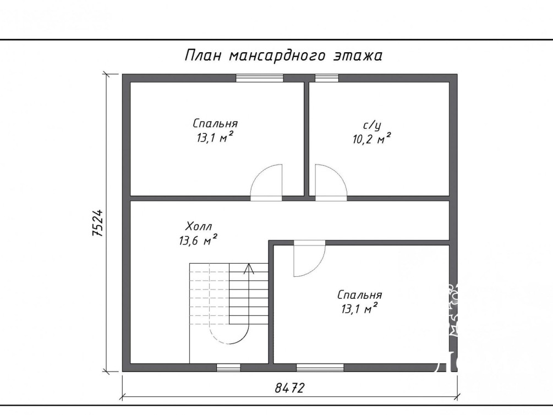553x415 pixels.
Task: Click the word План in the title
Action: (203, 56)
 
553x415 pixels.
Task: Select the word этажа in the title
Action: (358, 56)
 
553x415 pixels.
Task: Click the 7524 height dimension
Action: (97, 223)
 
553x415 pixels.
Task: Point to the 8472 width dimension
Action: (289, 388)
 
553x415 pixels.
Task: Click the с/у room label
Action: (372, 125)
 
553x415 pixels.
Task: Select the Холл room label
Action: (199, 226)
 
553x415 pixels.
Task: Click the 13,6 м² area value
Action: (198, 241)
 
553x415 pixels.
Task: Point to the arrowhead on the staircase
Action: (249, 268)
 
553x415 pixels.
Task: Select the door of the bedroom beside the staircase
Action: (309, 259)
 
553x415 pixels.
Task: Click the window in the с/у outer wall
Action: (327, 78)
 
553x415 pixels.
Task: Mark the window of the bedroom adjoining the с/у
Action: (260, 78)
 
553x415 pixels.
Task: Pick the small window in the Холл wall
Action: (228, 367)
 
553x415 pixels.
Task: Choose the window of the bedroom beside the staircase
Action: (320, 367)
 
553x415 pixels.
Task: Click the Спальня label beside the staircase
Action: (359, 295)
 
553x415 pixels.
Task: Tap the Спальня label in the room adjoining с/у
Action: (215, 123)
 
